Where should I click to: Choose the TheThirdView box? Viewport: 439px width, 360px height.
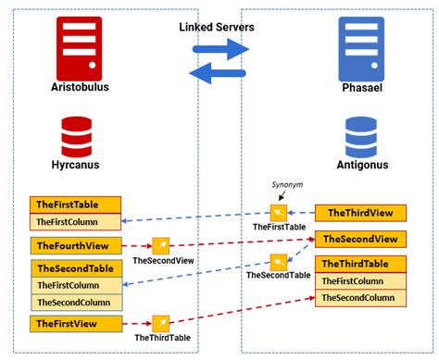coord(360,212)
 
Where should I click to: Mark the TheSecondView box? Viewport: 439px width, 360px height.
coord(360,239)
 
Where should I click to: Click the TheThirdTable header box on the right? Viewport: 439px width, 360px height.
coord(360,265)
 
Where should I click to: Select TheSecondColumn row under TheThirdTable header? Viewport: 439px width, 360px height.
coord(360,298)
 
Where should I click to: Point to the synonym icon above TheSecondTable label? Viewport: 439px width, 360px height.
coord(278,261)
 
